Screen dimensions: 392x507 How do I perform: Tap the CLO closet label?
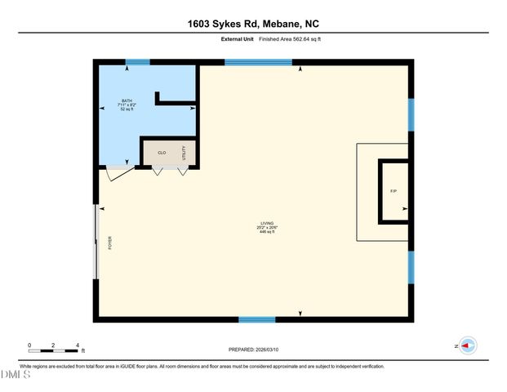point(162,153)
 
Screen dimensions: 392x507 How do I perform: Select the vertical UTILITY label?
point(185,153)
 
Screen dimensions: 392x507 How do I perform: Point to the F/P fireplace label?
point(393,191)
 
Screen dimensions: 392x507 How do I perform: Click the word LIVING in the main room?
point(267,224)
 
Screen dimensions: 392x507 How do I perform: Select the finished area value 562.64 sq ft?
point(295,38)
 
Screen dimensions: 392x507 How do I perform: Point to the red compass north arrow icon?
point(468,345)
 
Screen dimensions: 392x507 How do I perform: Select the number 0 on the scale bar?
point(29,345)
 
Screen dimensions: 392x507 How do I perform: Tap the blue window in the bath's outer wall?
point(137,62)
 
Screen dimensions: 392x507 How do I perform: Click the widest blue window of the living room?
point(258,62)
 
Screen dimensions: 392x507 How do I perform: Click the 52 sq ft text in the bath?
point(126,109)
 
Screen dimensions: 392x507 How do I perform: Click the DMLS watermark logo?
point(15,375)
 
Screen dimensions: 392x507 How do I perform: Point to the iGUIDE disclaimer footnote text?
point(202,366)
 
